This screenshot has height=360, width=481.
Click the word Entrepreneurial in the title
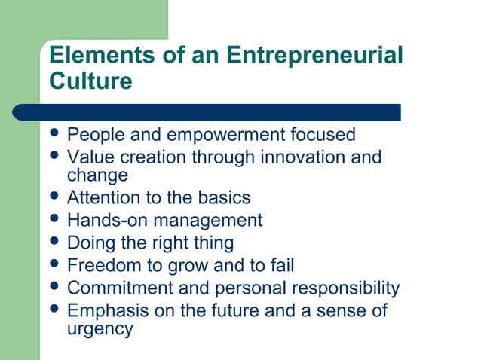pyautogui.click(x=314, y=56)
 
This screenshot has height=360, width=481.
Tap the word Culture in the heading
pyautogui.click(x=90, y=81)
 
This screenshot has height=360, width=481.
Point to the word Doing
pyautogui.click(x=89, y=243)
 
